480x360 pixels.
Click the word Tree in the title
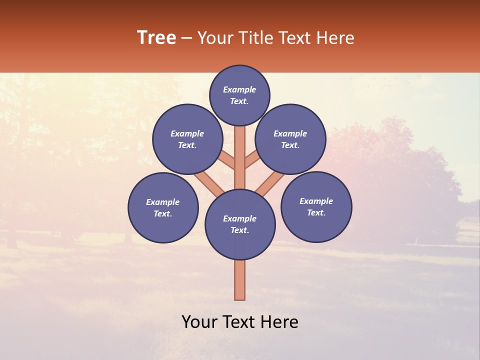tap(156, 38)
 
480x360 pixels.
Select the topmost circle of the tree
tap(239, 95)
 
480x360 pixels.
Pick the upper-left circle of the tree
tap(187, 139)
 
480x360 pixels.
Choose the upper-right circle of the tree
tap(290, 139)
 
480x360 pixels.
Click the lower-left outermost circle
tap(163, 207)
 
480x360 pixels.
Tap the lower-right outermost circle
tap(316, 206)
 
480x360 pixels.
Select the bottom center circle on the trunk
tap(240, 224)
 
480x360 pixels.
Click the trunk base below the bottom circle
tap(240, 280)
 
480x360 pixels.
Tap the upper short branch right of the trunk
tap(251, 160)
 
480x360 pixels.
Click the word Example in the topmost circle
tap(239, 89)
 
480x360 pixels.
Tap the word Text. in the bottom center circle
tap(239, 230)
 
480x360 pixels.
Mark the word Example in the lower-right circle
tap(316, 201)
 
